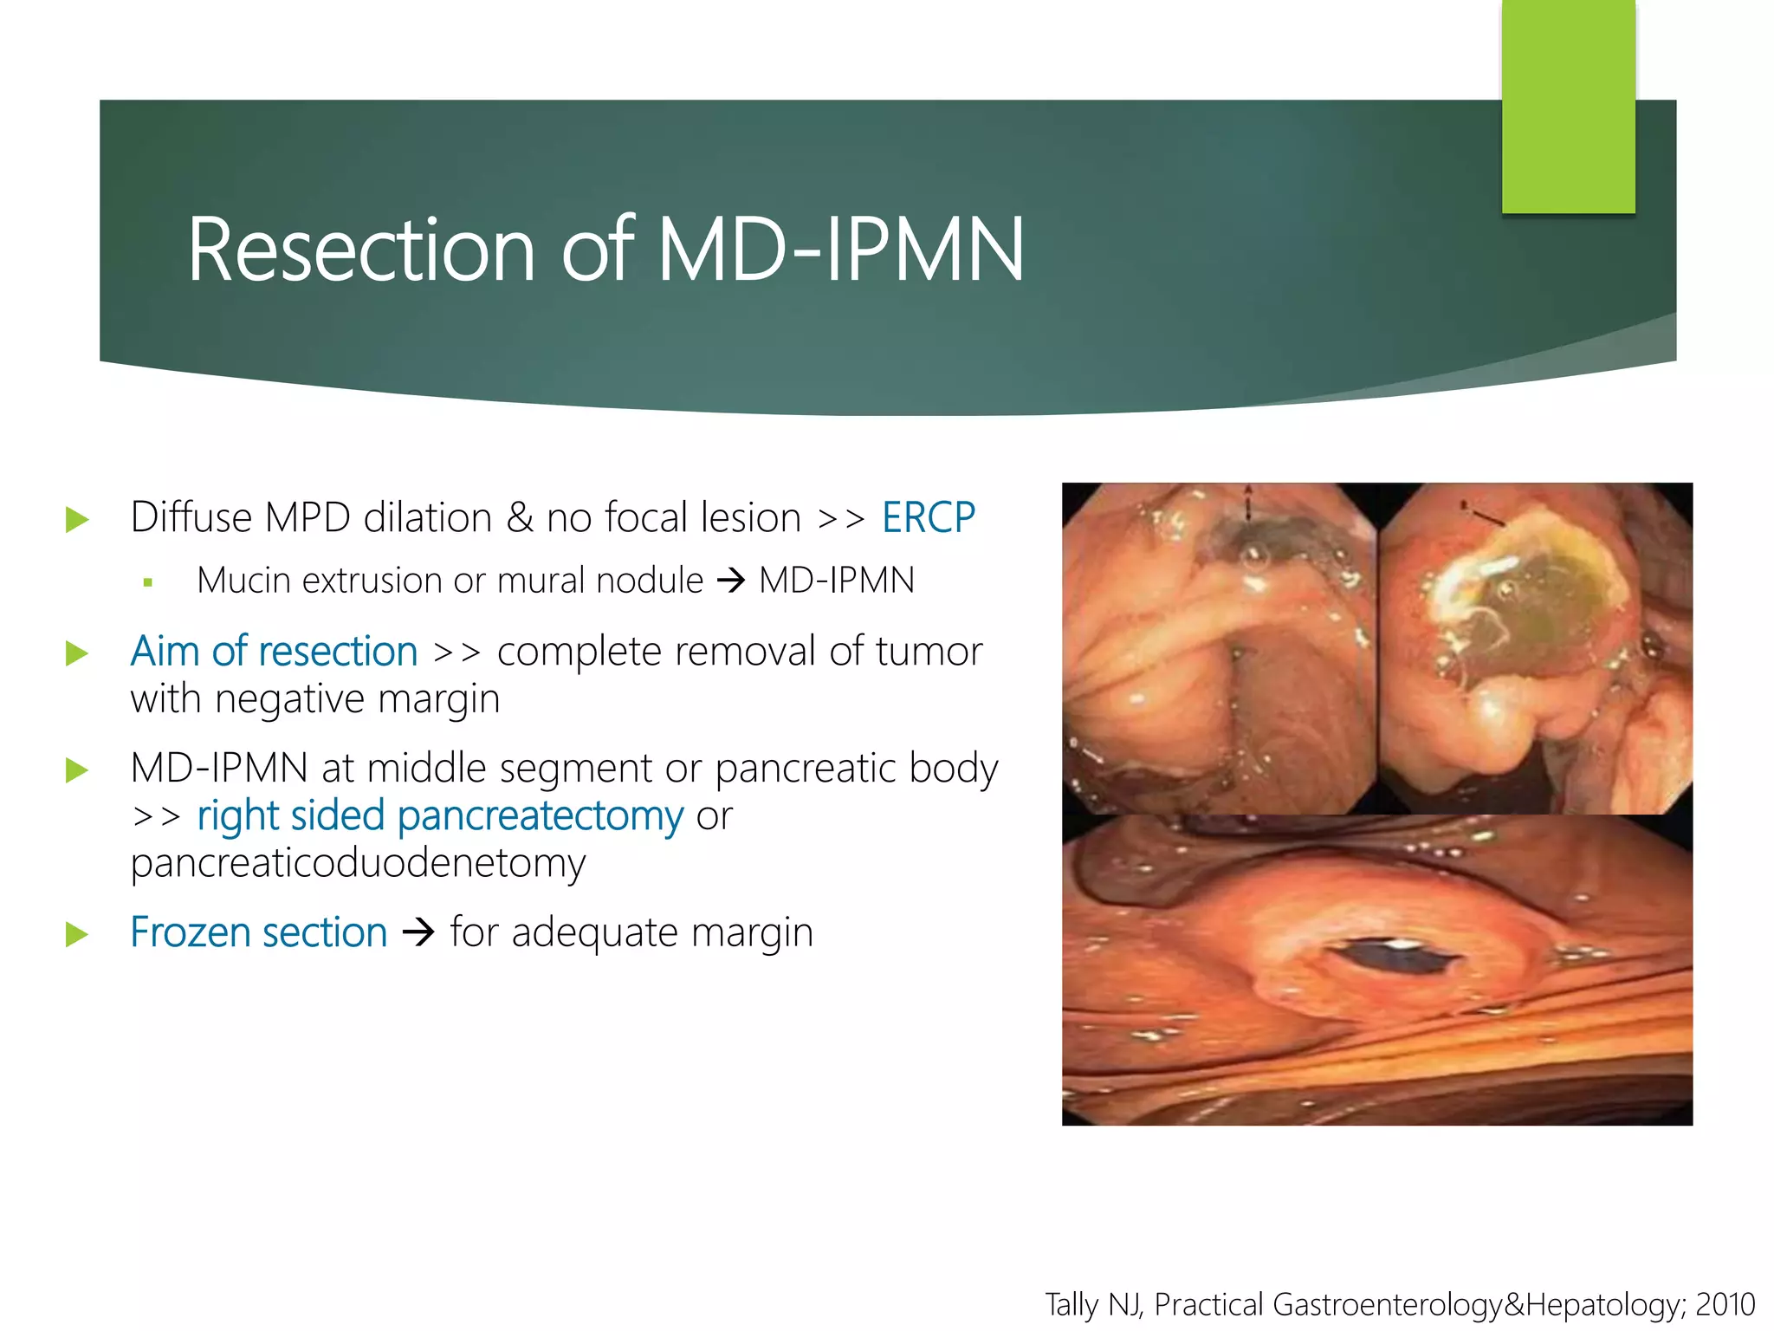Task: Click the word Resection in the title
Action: [360, 251]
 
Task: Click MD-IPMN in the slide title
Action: [840, 251]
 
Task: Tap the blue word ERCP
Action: [929, 518]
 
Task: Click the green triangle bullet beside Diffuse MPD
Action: [77, 520]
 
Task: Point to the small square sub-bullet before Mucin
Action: [148, 583]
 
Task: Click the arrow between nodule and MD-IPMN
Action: [731, 581]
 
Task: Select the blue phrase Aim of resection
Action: [274, 652]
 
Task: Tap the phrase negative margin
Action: [357, 699]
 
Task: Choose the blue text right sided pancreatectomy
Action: [440, 816]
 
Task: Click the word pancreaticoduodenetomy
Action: [358, 863]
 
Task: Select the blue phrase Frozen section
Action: [258, 933]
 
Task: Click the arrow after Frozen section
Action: [418, 933]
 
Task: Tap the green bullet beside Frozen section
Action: [77, 934]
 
